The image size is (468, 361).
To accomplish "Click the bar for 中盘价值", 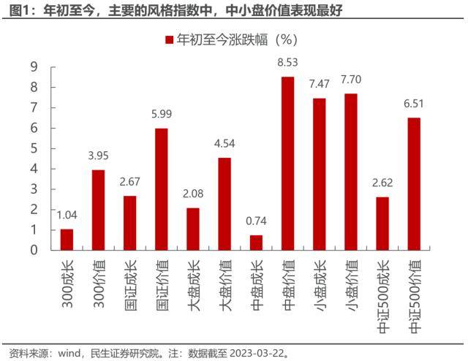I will [288, 163].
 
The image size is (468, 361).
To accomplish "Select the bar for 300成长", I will [67, 239].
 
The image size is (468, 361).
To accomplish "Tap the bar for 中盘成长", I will [256, 243].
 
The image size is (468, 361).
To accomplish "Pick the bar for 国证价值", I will [161, 189].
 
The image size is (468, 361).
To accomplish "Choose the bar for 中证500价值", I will [414, 183].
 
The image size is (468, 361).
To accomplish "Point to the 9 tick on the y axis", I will [34, 67].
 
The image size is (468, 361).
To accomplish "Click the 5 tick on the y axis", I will [34, 148].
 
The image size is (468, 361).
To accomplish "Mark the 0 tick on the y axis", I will [34, 250].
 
